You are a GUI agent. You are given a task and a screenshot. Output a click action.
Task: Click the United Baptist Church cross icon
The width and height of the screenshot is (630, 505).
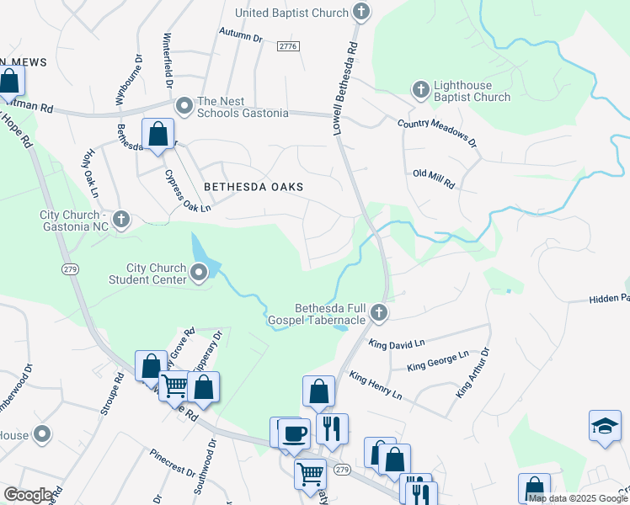361,12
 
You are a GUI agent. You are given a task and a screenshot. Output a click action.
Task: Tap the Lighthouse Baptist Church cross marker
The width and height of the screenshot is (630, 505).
420,88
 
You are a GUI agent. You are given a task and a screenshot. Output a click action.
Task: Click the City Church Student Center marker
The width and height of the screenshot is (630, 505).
199,272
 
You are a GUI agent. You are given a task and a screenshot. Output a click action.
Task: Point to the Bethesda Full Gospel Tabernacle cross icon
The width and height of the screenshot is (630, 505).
379,313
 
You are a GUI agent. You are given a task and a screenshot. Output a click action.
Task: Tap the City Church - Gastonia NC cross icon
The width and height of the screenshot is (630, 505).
121,220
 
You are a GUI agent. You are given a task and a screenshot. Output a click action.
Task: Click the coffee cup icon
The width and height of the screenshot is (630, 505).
294,434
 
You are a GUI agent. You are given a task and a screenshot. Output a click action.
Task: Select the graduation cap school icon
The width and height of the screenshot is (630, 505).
604,426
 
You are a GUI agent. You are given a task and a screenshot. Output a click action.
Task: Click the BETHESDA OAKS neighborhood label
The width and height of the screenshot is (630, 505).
252,186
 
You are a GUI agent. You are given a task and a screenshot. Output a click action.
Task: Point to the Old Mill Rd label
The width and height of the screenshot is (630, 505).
434,178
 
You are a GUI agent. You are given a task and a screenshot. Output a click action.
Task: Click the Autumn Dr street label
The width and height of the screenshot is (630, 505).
241,38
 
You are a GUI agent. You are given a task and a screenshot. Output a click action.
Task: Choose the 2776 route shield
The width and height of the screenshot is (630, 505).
287,46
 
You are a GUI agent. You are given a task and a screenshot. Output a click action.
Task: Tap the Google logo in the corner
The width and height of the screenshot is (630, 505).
27,495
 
